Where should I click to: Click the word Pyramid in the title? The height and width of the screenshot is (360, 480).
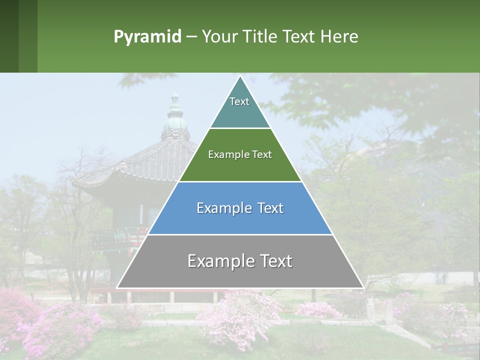(147, 37)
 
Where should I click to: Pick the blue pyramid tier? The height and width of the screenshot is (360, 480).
(240, 220)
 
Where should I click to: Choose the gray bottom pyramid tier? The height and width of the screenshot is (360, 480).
(240, 275)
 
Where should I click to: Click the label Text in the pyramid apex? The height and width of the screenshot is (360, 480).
(239, 101)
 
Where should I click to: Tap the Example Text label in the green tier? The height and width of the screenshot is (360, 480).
(240, 154)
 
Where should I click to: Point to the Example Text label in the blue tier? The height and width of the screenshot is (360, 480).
(240, 208)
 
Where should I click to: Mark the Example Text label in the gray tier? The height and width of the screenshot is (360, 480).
(240, 261)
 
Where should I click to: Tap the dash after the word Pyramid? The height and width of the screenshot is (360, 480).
(191, 37)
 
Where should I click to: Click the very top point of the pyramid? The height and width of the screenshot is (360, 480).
(240, 76)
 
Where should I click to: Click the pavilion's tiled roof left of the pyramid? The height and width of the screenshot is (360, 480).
(150, 160)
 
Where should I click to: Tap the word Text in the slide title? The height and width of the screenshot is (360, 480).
(299, 37)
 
